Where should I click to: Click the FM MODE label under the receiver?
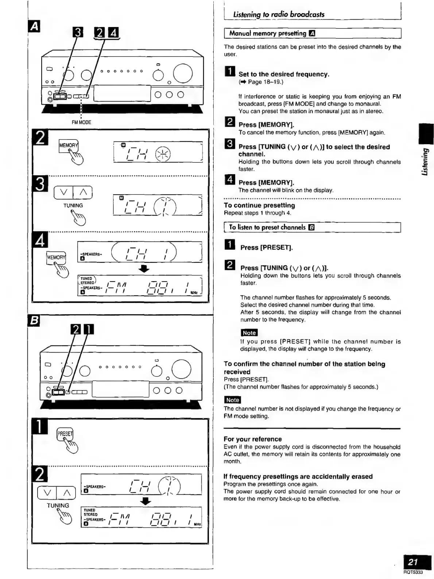click(81, 122)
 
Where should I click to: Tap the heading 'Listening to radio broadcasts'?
click(279, 15)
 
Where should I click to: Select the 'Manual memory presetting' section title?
click(268, 34)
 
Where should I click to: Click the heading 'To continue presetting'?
click(259, 206)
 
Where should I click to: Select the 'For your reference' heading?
click(253, 439)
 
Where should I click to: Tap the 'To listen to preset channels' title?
click(267, 227)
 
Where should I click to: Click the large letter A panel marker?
click(35, 26)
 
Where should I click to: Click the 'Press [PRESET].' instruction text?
click(267, 248)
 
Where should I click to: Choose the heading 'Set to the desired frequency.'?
click(284, 74)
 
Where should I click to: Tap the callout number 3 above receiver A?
click(78, 34)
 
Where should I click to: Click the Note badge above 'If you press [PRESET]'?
click(249, 333)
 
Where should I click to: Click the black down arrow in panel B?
click(146, 502)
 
